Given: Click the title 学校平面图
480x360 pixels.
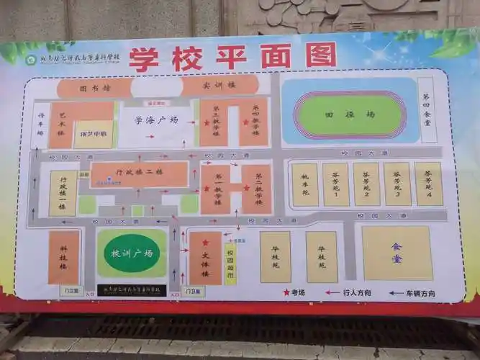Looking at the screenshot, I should (x=232, y=57).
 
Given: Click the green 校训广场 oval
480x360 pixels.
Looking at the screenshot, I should (x=132, y=253).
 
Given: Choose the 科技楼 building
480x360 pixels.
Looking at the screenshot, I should (x=63, y=258).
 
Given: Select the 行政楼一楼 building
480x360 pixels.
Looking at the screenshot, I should (x=63, y=193).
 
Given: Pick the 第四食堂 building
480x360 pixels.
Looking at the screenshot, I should (x=427, y=109).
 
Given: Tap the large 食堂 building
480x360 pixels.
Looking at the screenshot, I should (x=397, y=252).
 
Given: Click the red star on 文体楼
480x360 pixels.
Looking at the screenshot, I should (x=205, y=243).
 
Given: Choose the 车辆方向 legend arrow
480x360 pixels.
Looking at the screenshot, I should (x=397, y=293).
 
